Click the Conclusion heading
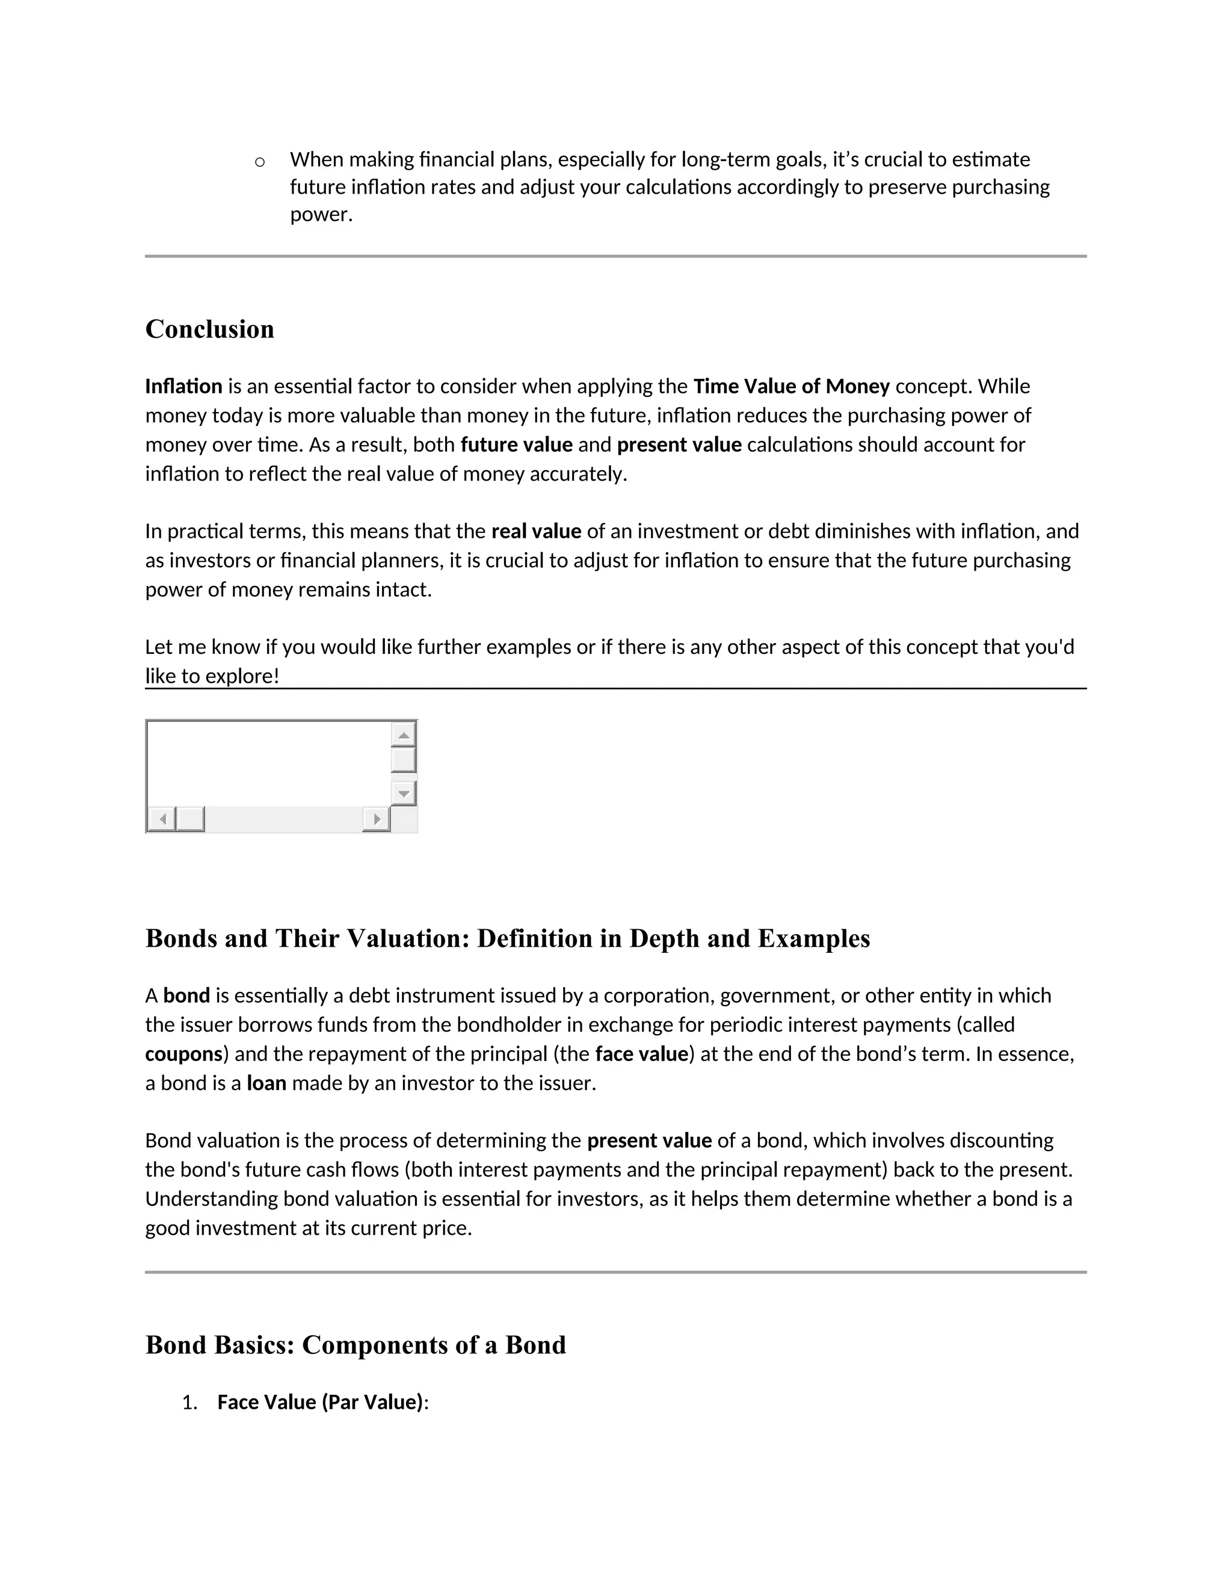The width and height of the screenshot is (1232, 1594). click(x=209, y=329)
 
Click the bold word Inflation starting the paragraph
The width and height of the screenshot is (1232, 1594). click(x=183, y=386)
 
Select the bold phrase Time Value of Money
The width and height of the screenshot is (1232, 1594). click(x=791, y=386)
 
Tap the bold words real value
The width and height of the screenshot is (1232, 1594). click(x=536, y=531)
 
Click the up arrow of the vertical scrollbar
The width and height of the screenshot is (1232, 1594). click(x=404, y=734)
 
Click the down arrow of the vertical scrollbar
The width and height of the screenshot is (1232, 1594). click(x=404, y=793)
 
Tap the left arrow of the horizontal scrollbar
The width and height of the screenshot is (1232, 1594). click(x=162, y=819)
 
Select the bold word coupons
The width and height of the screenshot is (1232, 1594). click(x=183, y=1054)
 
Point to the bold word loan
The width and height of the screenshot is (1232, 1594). click(x=266, y=1083)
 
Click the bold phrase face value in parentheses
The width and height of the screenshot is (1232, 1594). click(x=641, y=1054)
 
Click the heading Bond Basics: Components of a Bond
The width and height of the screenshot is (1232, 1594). click(x=356, y=1345)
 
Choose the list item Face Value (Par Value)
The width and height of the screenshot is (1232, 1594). click(x=319, y=1403)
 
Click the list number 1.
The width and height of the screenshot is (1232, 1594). click(x=189, y=1403)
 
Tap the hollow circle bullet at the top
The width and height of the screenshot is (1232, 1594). click(x=259, y=162)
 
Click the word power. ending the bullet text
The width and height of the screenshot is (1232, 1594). click(x=321, y=215)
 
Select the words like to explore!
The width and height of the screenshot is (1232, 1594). click(x=212, y=676)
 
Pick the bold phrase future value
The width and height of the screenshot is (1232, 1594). click(x=516, y=445)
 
